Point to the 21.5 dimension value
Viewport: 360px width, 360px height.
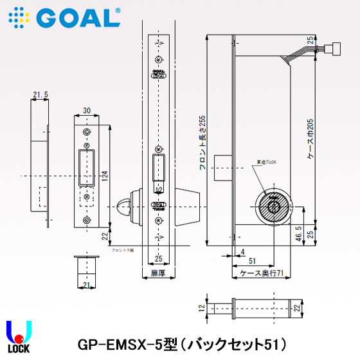(40, 95)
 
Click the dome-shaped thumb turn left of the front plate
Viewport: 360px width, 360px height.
(124, 207)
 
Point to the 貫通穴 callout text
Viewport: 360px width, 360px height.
(265, 161)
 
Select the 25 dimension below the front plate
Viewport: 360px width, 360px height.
(157, 259)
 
